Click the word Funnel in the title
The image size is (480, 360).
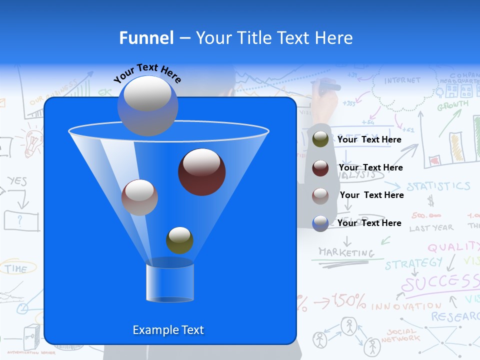tap(146, 38)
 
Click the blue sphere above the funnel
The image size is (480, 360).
tap(147, 105)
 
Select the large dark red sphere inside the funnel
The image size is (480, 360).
tap(201, 171)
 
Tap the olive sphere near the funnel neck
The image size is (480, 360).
tap(179, 240)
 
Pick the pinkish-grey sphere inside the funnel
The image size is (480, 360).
tap(139, 197)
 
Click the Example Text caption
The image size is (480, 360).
tap(168, 330)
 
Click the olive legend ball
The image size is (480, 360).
tap(320, 139)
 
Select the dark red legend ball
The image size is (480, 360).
tap(320, 167)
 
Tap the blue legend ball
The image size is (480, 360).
tap(320, 223)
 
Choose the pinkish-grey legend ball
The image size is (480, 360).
tap(320, 195)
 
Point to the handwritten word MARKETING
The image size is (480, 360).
tap(346, 252)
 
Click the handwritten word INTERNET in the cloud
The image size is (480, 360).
tap(402, 80)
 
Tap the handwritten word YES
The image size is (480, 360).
tap(17, 181)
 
